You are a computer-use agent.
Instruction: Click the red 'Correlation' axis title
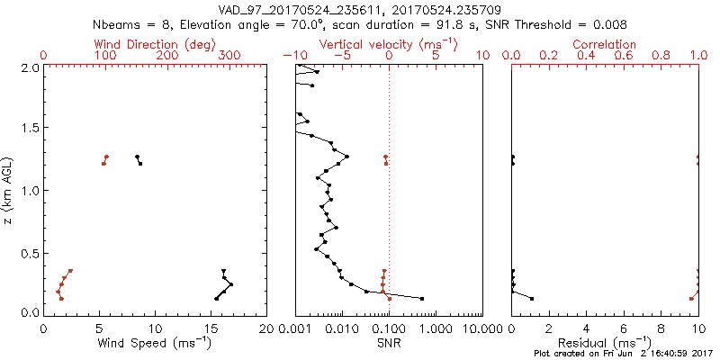click(x=605, y=44)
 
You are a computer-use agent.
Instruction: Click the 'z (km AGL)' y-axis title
click(x=10, y=190)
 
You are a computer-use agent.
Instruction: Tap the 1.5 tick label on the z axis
click(x=31, y=129)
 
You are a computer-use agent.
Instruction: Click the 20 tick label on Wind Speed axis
click(x=266, y=328)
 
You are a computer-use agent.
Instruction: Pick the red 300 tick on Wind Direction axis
click(x=229, y=56)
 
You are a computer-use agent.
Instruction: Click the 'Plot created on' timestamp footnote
click(x=623, y=354)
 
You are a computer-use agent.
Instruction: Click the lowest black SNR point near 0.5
click(x=422, y=298)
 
